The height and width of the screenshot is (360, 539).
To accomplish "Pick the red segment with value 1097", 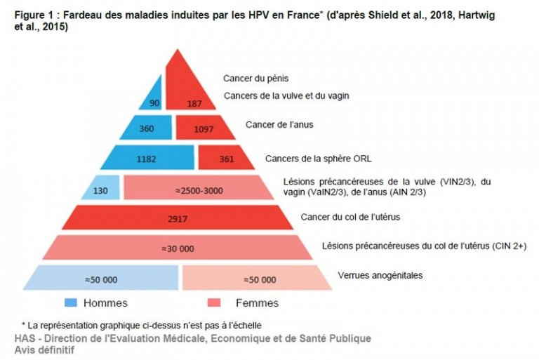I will click(x=205, y=129).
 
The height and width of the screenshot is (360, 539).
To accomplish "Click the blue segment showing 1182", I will click(x=147, y=158).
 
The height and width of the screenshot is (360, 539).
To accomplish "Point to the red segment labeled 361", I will click(x=226, y=158).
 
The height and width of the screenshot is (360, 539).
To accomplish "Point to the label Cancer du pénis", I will click(x=255, y=79).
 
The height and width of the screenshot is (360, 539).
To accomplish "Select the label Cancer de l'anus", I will click(x=279, y=125).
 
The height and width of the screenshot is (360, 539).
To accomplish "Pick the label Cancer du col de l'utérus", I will click(x=350, y=217).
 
